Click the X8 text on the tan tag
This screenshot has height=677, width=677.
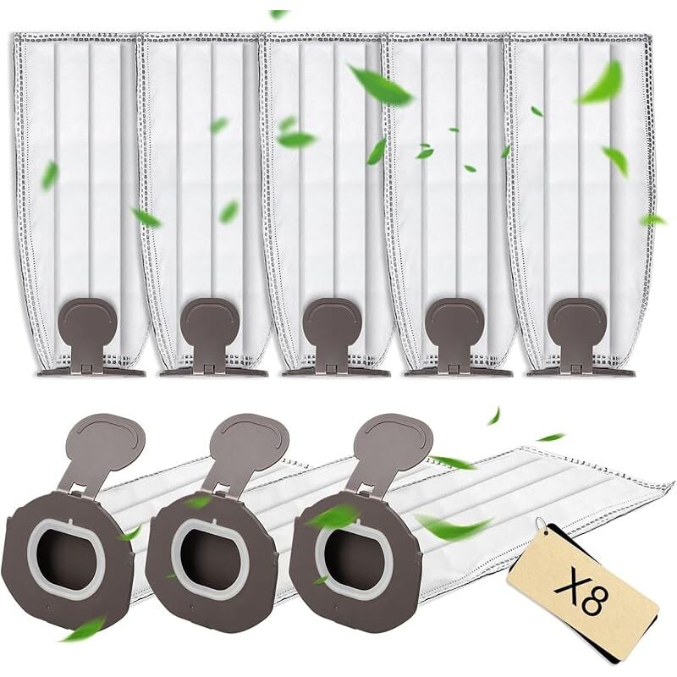pyautogui.click(x=581, y=593)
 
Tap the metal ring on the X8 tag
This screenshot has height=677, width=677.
pyautogui.click(x=541, y=526)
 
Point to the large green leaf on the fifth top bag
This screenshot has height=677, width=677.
pyautogui.click(x=602, y=83)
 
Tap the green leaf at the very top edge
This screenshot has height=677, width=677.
pyautogui.click(x=278, y=14)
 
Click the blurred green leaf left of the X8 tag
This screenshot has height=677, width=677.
pyautogui.click(x=454, y=526)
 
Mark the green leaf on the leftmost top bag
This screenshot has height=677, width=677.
pyautogui.click(x=50, y=175)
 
